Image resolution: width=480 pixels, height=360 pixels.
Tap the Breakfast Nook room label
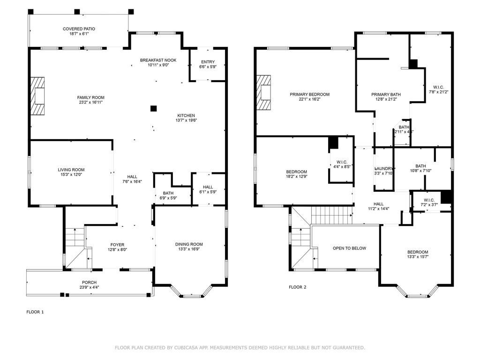pos(158,60)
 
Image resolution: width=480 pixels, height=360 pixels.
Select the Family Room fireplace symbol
pos(38,96)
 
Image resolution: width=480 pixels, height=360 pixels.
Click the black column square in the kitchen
pos(153,108)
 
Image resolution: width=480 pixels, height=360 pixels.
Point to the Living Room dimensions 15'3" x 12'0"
pos(71,175)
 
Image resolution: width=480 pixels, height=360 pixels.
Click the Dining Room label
pos(189,244)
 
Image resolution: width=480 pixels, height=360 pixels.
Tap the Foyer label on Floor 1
pos(117,245)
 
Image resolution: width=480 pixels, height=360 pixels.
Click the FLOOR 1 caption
pos(35,312)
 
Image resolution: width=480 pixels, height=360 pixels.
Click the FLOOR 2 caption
pos(297,287)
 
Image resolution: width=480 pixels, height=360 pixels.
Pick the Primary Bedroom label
pos(309,94)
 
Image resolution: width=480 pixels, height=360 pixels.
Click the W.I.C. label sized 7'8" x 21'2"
pos(438,87)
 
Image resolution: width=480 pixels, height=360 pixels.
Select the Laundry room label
pos(384,168)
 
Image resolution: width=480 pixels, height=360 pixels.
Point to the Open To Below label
pos(349,248)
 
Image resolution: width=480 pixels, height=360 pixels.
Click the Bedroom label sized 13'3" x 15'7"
pos(417,252)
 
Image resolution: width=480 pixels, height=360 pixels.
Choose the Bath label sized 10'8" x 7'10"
pos(420,166)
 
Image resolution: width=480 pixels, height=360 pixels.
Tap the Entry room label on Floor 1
pos(208,62)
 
